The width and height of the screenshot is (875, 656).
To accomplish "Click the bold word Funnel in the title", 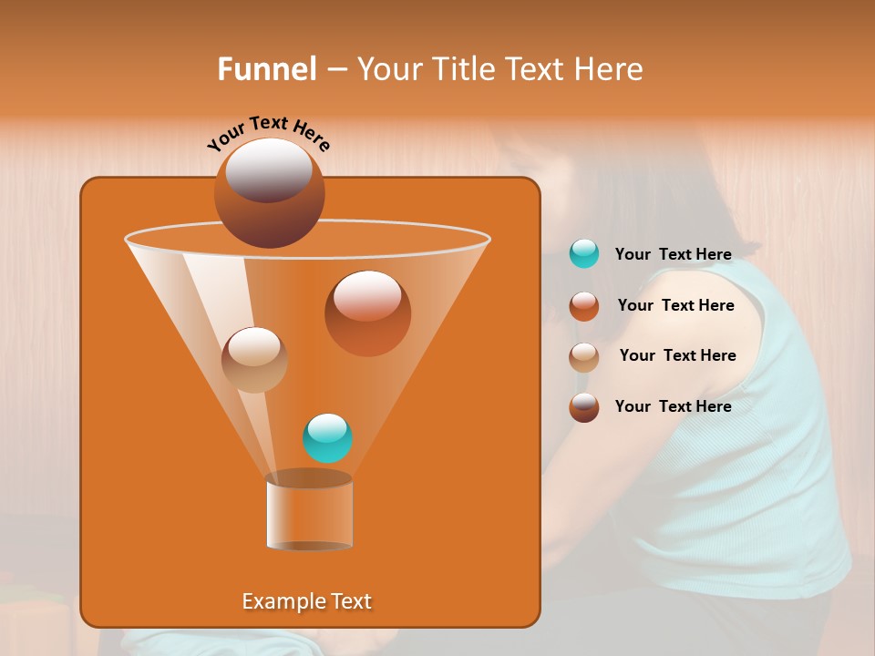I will coord(267,69).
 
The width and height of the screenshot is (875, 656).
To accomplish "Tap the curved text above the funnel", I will coord(269,133).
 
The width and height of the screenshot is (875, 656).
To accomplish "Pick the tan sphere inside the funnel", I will coord(254,360).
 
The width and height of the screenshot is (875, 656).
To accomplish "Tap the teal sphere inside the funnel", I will coord(327,438).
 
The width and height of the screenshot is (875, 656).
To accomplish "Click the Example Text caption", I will coord(306,601).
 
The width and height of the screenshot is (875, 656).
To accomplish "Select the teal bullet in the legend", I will coord(584,254).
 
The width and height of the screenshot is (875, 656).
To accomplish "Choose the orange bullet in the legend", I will coord(584,306).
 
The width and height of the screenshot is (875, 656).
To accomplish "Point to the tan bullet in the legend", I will coord(584,356).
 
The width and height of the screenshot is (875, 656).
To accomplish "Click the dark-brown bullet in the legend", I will coord(584,407).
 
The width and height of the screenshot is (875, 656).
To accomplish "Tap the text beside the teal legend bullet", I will coord(673,255).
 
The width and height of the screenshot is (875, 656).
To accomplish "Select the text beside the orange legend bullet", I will coord(675,306).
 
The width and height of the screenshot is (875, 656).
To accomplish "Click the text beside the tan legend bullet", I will coord(677,356).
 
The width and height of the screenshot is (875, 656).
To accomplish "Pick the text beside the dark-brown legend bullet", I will coord(673,407).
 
